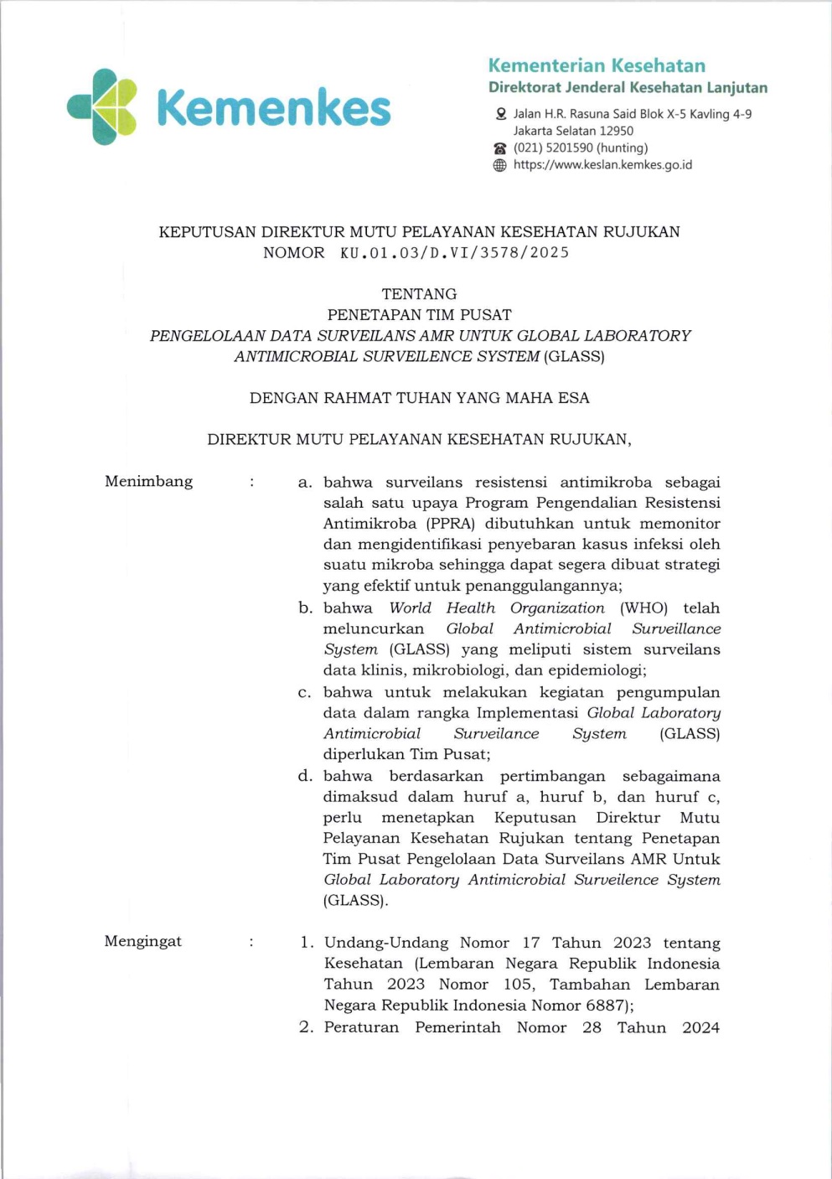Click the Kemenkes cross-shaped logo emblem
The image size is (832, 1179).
click(x=102, y=106)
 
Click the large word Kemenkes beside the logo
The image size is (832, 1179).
click(x=273, y=109)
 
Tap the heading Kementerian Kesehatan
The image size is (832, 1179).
click(x=597, y=65)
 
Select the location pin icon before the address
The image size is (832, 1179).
click(x=500, y=114)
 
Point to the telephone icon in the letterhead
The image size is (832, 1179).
click(x=500, y=148)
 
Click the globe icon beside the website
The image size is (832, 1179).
click(x=500, y=165)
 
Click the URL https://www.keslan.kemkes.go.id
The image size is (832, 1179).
click(x=602, y=165)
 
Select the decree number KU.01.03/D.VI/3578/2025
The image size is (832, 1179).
click(x=454, y=253)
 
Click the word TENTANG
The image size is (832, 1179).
click(x=419, y=294)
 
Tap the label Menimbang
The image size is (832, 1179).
click(x=148, y=481)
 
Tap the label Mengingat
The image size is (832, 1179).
click(x=142, y=941)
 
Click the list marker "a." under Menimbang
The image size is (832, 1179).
click(x=305, y=483)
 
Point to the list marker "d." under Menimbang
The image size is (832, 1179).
click(x=305, y=776)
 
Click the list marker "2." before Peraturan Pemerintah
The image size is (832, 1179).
click(x=306, y=1027)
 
